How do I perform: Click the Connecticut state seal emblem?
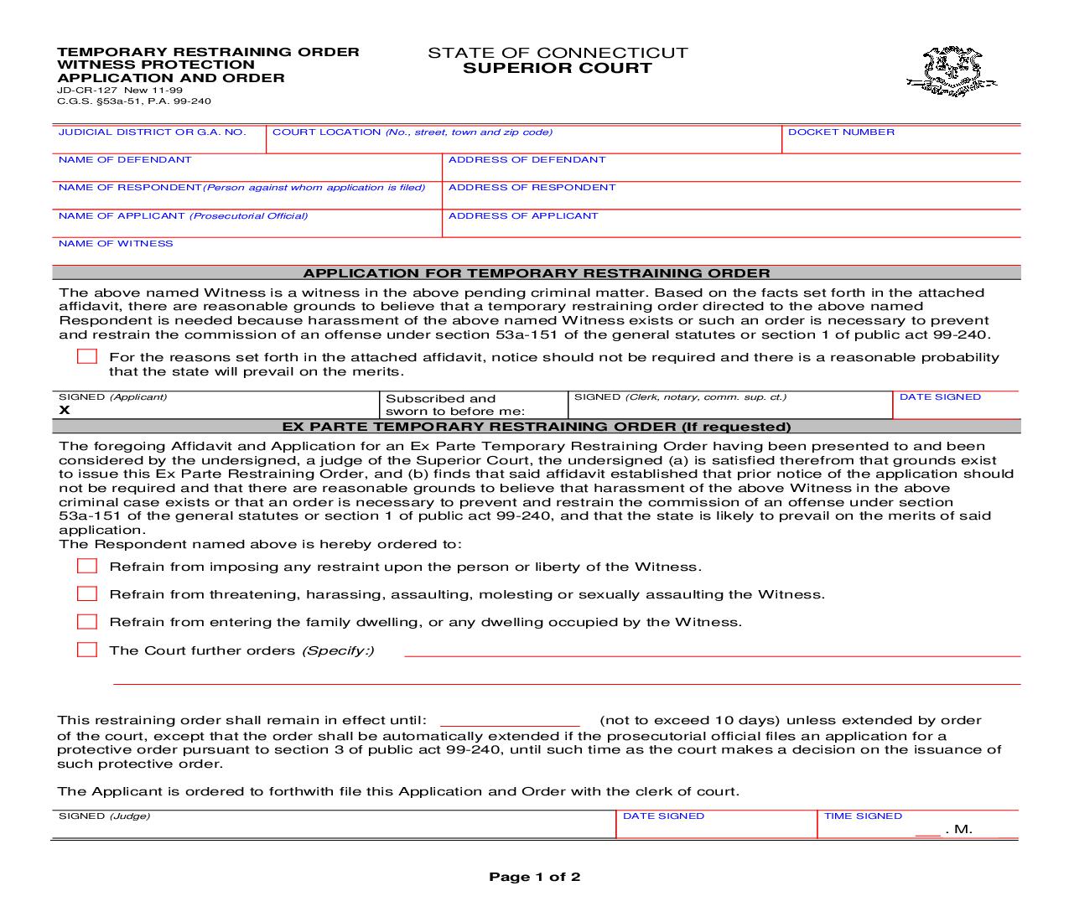[952, 72]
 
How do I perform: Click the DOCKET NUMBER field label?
[841, 132]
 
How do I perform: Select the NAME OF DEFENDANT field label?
[125, 160]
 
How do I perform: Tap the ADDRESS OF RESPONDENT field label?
[532, 188]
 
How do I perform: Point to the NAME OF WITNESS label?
[116, 244]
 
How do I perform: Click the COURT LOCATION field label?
[412, 132]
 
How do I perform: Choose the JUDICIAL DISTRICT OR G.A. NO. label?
[152, 132]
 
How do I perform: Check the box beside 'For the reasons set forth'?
[87, 357]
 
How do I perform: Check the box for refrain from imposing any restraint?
[87, 567]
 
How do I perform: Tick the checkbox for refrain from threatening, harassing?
[87, 594]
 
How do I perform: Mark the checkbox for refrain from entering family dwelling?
[87, 622]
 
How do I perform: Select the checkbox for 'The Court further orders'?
[87, 650]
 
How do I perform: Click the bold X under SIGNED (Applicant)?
[65, 410]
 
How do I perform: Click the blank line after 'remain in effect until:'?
[510, 721]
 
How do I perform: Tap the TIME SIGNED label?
[863, 816]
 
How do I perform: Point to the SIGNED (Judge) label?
[104, 816]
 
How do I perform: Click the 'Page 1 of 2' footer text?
[534, 878]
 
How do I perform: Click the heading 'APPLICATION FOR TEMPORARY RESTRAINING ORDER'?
[536, 273]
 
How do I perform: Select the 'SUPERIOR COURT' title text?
[558, 69]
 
